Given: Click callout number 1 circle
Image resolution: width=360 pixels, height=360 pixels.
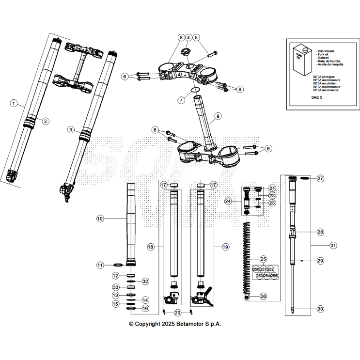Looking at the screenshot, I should click(x=14, y=103).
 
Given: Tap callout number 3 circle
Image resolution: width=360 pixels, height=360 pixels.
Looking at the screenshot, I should click(x=71, y=130).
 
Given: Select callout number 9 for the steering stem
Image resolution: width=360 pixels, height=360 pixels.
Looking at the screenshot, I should click(x=218, y=116).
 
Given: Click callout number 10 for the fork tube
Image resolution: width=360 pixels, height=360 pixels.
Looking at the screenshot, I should click(x=100, y=219).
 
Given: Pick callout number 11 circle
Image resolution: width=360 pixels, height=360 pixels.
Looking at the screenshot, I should click(x=100, y=265).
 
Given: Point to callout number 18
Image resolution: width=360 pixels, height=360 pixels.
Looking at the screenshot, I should click(x=150, y=247).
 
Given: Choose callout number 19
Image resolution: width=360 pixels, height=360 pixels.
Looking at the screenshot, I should click(x=225, y=247).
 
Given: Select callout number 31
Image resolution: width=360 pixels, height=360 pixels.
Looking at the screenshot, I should click(x=333, y=246).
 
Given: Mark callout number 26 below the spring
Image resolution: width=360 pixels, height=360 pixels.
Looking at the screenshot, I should click(x=264, y=296).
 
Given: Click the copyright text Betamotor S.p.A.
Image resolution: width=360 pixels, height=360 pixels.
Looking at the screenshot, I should click(x=174, y=324).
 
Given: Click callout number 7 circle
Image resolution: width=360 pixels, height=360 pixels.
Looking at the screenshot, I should click(x=181, y=100).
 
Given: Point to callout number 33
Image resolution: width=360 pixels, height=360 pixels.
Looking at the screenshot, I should click(x=116, y=287).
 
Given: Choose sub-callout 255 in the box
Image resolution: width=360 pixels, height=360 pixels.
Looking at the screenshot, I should click(x=274, y=276).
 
